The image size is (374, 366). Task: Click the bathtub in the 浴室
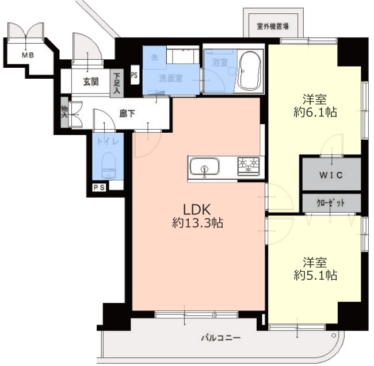click(x=250, y=71)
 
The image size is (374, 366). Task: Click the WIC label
click(x=331, y=175)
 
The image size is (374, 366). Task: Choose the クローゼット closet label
click(x=331, y=203)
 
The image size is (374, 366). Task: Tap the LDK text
click(x=197, y=210)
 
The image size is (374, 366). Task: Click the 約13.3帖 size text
click(x=197, y=224)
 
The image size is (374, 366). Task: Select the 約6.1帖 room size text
click(x=315, y=112)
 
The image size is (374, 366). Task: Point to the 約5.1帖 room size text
click(x=315, y=276)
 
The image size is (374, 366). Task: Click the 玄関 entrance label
click(x=91, y=82)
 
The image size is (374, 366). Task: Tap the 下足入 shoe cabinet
click(x=117, y=83)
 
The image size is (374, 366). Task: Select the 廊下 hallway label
click(x=127, y=114)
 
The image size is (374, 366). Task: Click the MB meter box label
click(x=28, y=56)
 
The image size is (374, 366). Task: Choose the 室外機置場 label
click(x=273, y=26)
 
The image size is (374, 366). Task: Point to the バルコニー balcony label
click(x=220, y=338)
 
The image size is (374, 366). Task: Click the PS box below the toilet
click(x=99, y=187)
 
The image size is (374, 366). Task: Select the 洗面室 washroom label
click(x=171, y=78)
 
